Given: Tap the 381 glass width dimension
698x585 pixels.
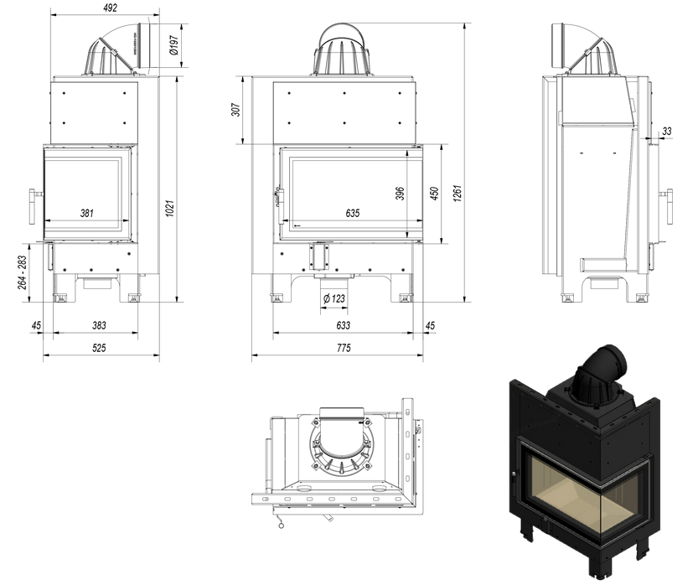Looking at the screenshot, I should click(87, 213).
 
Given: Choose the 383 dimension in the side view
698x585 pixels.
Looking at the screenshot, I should click(99, 325).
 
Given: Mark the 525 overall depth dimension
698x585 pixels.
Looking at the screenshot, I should click(99, 348).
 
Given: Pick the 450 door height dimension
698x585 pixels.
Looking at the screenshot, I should click(433, 193).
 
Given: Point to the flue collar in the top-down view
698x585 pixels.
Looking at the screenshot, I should click(342, 445).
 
